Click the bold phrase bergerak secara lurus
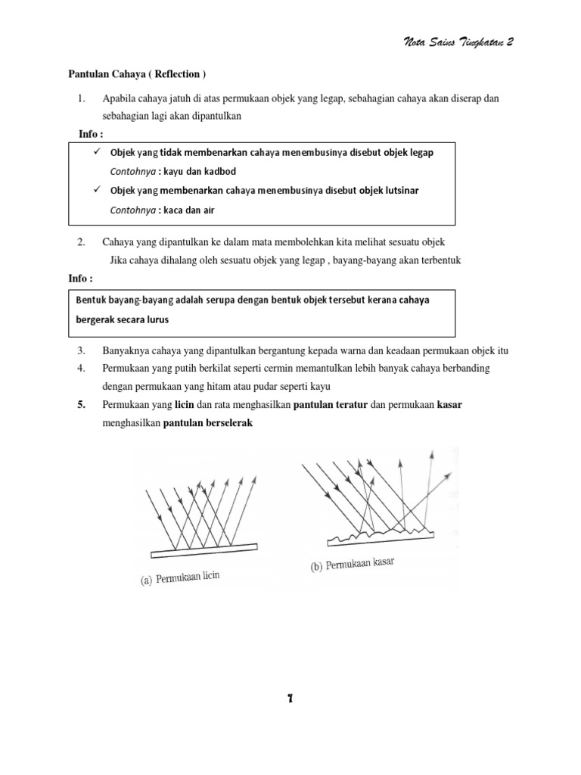(123, 319)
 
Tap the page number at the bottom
(289, 699)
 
